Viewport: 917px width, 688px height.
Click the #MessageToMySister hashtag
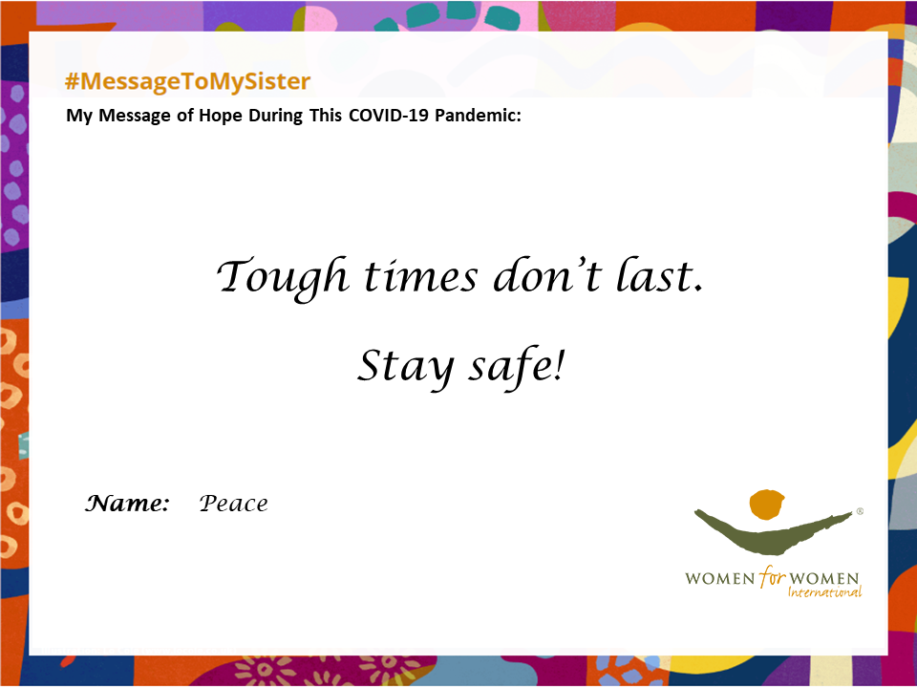187,81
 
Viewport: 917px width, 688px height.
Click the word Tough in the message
283,277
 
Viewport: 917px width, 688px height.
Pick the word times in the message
421,276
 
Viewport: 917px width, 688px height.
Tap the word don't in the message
546,275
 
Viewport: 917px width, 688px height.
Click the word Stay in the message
405,367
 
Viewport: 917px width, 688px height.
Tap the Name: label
127,504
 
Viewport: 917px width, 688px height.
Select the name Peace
233,504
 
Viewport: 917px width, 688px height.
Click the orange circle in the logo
766,505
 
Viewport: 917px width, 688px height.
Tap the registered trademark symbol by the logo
859,511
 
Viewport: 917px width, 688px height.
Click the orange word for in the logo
772,577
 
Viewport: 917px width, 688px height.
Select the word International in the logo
824,592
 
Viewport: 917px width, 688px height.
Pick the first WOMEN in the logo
720,579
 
